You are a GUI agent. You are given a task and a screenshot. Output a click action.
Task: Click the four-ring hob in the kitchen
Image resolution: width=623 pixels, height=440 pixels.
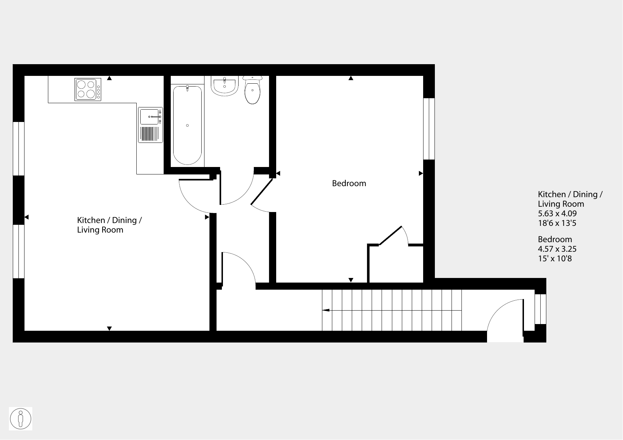[88, 89]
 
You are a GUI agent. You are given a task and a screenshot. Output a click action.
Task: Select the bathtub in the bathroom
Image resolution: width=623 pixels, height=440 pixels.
[187, 125]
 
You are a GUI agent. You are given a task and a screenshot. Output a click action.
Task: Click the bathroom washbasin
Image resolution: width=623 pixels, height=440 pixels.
[224, 86]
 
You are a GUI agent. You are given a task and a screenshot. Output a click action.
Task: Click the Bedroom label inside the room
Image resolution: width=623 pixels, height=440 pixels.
[349, 183]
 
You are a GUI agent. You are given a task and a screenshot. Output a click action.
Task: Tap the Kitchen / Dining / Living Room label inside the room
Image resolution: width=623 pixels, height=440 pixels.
[109, 225]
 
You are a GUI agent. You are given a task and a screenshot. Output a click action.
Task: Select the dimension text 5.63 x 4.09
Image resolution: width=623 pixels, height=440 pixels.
[557, 213]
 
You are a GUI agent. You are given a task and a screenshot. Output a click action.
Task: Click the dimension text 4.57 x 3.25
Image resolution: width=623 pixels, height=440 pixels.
[557, 249]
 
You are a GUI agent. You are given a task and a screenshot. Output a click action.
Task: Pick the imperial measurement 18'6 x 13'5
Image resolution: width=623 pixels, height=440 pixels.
[557, 223]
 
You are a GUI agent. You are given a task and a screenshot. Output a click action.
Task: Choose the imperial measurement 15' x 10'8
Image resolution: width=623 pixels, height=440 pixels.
[555, 258]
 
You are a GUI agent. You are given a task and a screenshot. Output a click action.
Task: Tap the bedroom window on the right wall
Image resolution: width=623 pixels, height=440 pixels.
[429, 129]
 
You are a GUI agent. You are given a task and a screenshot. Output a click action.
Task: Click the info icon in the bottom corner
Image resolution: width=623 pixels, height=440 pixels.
[21, 419]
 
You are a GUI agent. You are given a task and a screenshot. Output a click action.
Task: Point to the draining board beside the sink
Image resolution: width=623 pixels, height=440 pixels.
[150, 134]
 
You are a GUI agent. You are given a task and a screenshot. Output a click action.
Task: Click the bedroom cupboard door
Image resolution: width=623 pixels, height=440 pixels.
[390, 235]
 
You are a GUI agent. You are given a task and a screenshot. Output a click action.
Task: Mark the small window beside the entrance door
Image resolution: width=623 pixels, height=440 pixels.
[540, 309]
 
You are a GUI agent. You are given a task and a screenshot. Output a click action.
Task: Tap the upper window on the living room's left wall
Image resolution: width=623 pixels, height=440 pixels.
[18, 149]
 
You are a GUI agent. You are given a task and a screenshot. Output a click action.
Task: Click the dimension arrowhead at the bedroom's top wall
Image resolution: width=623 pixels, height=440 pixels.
[351, 78]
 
